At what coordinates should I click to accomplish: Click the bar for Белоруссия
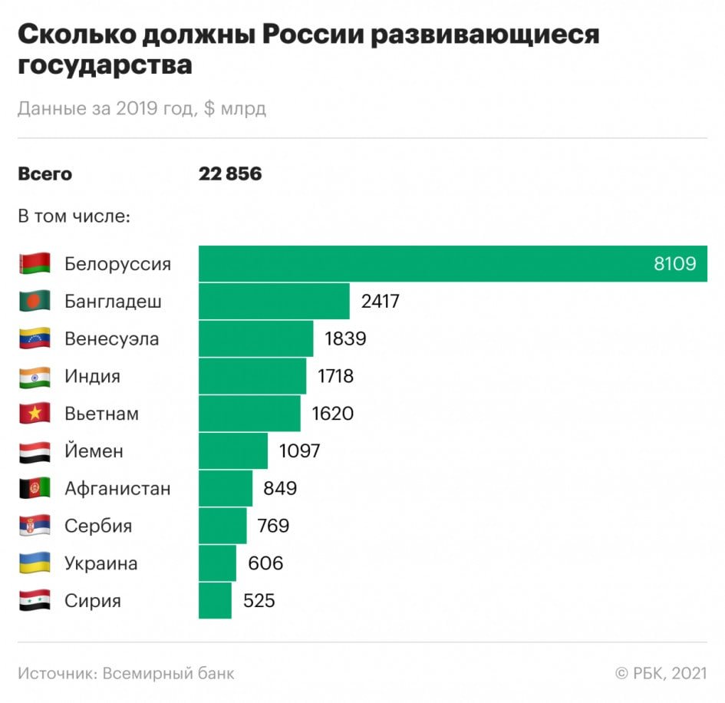tap(453, 263)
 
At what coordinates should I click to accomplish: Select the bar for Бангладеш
tap(274, 301)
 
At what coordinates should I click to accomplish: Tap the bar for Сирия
tap(215, 600)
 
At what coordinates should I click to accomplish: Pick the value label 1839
tap(345, 338)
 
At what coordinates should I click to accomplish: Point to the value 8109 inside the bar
tap(674, 264)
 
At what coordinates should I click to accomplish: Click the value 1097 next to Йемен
tap(299, 451)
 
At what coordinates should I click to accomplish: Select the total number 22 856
tap(230, 174)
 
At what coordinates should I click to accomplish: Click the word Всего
tap(44, 174)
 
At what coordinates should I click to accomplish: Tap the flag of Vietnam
tap(35, 414)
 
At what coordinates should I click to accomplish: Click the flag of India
tap(35, 377)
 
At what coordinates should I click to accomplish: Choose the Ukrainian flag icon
tap(35, 563)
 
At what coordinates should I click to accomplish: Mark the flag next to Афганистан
tap(35, 488)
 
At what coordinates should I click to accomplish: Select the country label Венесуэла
tap(112, 338)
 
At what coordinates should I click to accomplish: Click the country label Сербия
tap(98, 526)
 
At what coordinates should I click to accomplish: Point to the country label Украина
tap(101, 563)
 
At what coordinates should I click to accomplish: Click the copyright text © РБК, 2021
tap(661, 673)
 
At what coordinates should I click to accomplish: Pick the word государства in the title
tap(105, 66)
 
